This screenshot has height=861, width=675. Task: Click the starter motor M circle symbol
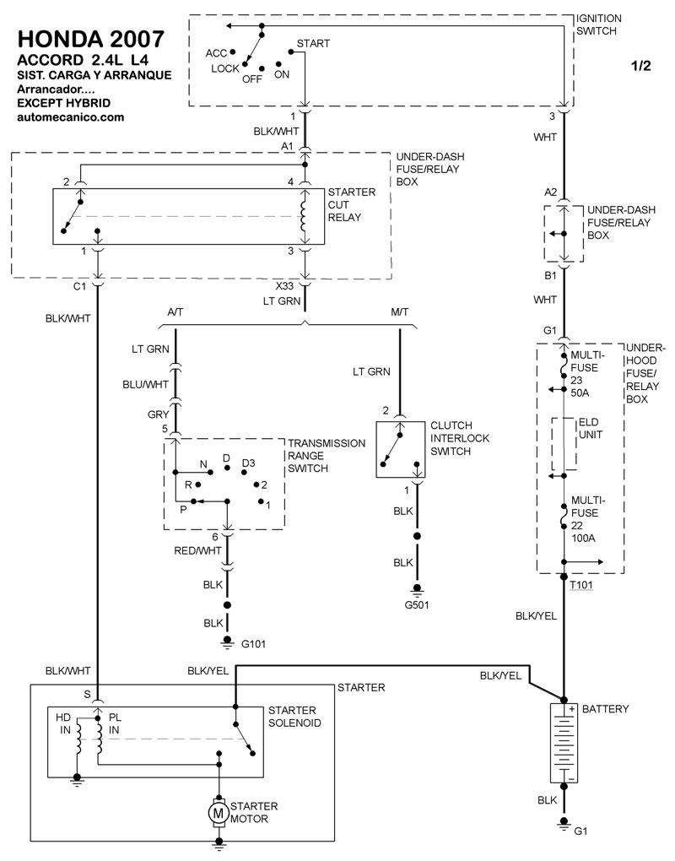click(218, 813)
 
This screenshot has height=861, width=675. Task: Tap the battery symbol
click(563, 742)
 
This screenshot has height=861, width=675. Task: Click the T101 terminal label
click(582, 585)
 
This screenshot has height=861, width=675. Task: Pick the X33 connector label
click(286, 286)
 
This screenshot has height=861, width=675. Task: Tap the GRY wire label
click(159, 414)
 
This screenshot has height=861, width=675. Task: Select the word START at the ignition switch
click(313, 43)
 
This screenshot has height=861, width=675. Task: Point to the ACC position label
click(217, 52)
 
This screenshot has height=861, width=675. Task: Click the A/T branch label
click(176, 312)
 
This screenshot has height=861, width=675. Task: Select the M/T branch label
click(400, 312)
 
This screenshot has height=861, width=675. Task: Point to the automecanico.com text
click(71, 117)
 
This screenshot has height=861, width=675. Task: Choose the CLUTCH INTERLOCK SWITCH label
click(460, 438)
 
